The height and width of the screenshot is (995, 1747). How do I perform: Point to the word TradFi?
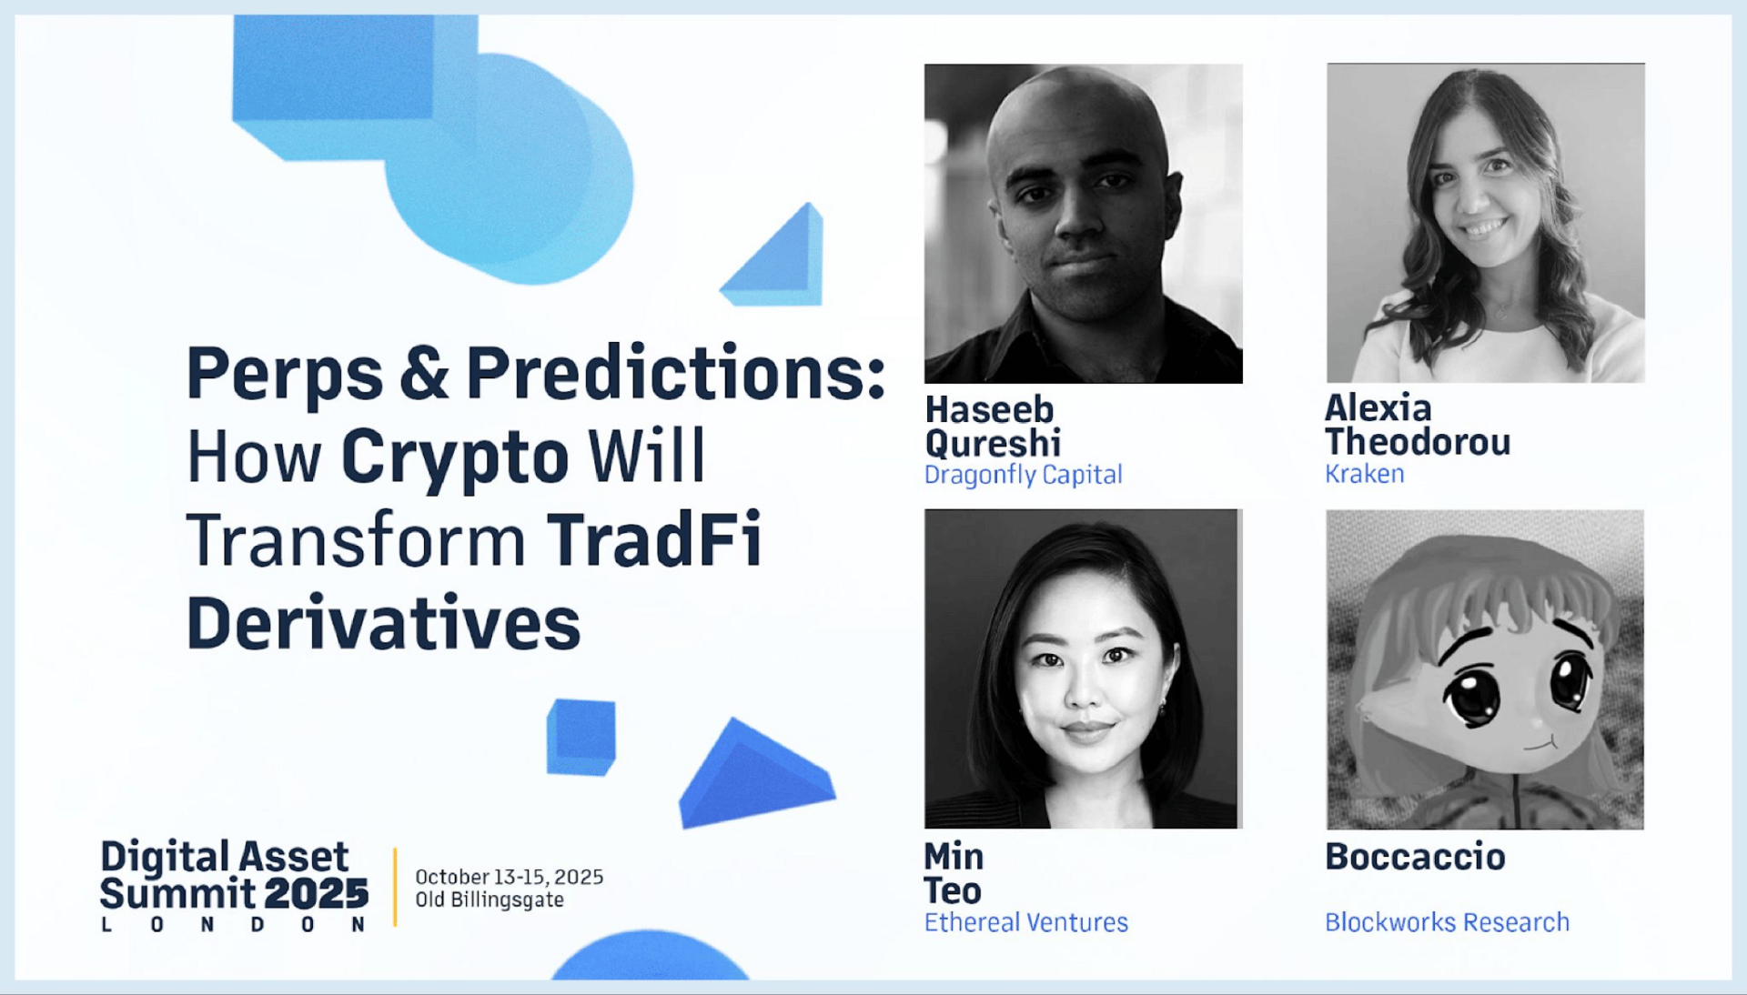[653, 540]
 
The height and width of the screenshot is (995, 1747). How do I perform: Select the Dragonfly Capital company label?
[1023, 476]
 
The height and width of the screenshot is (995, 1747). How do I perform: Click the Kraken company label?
[1364, 474]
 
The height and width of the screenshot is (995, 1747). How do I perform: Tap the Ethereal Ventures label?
[1025, 922]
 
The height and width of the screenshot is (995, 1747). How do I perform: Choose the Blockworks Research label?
[1447, 922]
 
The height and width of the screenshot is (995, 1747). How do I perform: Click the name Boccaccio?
[1415, 857]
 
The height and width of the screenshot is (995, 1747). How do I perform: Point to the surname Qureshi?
[993, 444]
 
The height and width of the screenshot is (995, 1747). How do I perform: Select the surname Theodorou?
[1418, 442]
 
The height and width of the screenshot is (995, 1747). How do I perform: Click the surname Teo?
[953, 890]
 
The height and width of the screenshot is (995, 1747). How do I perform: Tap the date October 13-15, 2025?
[509, 877]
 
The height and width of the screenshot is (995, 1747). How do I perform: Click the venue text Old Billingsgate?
[490, 900]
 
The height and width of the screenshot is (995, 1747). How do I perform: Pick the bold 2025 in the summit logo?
[316, 894]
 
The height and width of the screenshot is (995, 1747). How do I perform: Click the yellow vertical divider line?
[395, 887]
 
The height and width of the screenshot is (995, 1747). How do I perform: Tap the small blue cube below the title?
[581, 737]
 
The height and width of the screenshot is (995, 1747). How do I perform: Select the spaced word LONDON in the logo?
[234, 925]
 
